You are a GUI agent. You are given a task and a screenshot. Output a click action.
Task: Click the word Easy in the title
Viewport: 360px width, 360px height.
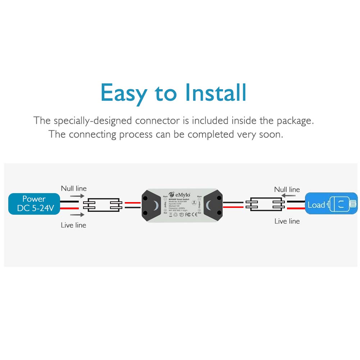pyautogui.click(x=124, y=93)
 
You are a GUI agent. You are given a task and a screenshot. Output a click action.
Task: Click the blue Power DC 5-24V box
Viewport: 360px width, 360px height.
pyautogui.click(x=34, y=204)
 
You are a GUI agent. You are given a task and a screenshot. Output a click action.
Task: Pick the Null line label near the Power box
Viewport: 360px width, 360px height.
pyautogui.click(x=74, y=188)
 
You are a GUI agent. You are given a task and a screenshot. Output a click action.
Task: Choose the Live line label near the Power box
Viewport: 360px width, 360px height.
pyautogui.click(x=73, y=225)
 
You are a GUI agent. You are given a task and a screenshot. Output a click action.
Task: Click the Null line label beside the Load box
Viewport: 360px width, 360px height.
pyautogui.click(x=287, y=190)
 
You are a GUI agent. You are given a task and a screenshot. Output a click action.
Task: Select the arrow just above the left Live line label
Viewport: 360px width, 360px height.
pyautogui.click(x=77, y=215)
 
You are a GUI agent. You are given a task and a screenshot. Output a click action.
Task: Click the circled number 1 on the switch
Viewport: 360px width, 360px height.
pyautogui.click(x=194, y=202)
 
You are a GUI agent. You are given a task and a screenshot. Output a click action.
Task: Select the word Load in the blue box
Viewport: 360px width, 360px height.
pyautogui.click(x=316, y=205)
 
